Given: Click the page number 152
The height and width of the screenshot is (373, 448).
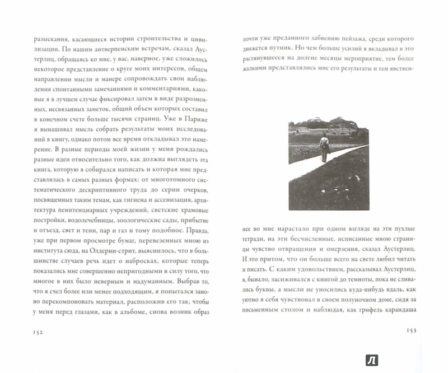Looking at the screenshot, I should (26, 342).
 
